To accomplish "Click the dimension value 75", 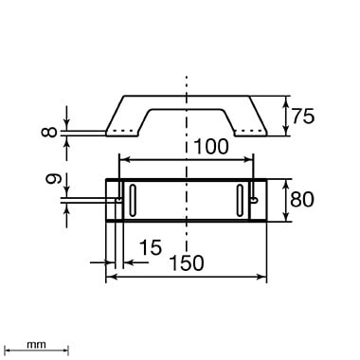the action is [303, 116].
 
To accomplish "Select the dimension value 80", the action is [302, 199].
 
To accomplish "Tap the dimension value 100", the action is [210, 147].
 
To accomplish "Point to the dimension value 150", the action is [187, 262].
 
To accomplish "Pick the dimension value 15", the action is [151, 247].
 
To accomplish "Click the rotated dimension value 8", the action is [49, 132].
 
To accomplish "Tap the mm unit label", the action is [36, 345].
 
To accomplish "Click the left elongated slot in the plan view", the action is [133, 201].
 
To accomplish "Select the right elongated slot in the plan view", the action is [241, 201].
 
